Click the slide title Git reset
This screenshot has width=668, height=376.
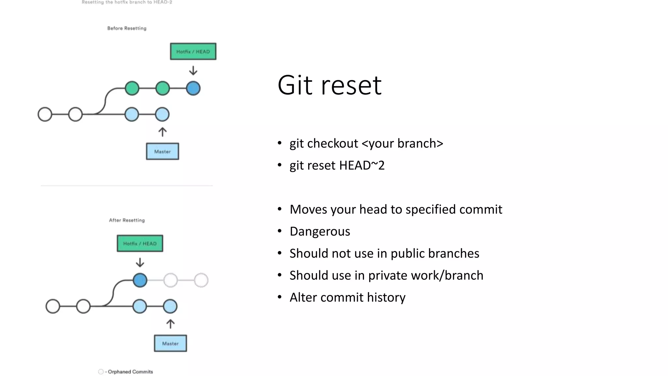(329, 85)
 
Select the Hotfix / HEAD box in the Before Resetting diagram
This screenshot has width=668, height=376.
(193, 52)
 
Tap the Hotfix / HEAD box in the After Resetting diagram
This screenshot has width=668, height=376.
(140, 243)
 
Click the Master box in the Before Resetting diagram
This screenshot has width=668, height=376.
(162, 151)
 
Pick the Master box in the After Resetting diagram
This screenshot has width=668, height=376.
(170, 343)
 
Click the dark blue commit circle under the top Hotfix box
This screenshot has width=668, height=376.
(193, 88)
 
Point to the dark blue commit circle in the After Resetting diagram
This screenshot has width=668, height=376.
(140, 280)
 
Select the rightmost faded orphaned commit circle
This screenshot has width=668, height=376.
(201, 280)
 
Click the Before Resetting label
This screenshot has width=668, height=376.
(127, 28)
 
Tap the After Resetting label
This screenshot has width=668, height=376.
(127, 220)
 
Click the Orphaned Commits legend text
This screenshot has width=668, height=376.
(130, 372)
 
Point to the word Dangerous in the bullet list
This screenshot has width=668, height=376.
(320, 231)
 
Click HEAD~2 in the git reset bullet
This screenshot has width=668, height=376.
(362, 165)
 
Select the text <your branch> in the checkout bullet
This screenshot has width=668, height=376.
(402, 144)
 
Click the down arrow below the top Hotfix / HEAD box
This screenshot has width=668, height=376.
(193, 70)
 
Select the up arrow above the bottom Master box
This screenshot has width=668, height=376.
(170, 324)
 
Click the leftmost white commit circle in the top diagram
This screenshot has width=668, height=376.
(45, 114)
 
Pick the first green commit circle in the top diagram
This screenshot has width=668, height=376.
(132, 88)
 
